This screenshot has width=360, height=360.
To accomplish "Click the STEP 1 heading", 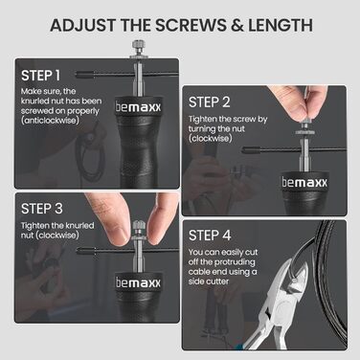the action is tap(40, 76).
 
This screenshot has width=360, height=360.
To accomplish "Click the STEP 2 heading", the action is tap(210, 102).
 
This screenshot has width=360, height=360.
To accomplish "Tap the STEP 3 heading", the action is tap(42, 209).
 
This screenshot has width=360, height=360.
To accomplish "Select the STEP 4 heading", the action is tap(210, 236).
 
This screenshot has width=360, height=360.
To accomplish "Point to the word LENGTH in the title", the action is tap(280, 25).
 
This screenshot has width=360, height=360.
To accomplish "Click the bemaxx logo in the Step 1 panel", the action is tap(138, 107).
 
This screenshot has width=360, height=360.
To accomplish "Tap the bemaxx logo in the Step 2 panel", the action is tap(304, 182).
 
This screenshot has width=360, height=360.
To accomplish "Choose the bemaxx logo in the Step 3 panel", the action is tap(138, 282).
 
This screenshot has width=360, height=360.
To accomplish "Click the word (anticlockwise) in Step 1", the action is tap(50, 121).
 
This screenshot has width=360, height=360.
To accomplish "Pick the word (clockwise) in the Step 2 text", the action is tap(211, 139).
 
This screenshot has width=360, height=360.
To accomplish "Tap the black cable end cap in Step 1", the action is tap(85, 76).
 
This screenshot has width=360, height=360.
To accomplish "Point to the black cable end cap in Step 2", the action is tap(252, 149).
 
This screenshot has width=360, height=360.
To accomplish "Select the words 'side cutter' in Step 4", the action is tap(209, 281).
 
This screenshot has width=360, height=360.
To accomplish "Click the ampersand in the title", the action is tap(237, 26).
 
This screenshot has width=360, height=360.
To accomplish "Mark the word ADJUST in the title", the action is tap(81, 25).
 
